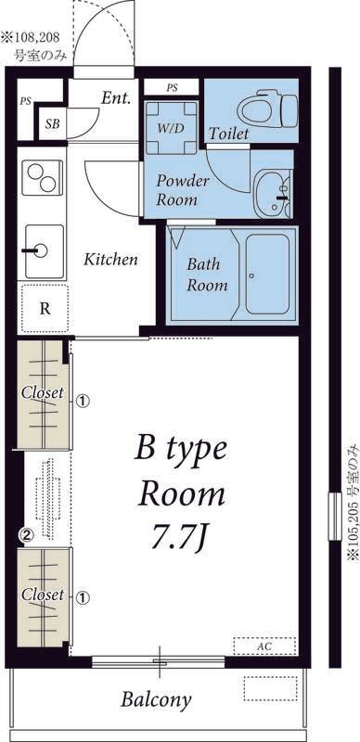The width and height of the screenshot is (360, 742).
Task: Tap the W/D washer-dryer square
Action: coord(171,128)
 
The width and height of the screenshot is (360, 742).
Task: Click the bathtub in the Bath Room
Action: coord(267,274)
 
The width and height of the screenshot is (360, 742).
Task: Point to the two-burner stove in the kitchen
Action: coord(42,177)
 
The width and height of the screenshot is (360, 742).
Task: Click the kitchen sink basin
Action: coord(44,251)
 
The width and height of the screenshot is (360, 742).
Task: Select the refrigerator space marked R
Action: coord(45,309)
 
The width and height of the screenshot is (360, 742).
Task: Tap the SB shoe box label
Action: coord(53,124)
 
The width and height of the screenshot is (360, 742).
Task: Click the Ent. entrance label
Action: coord(116,98)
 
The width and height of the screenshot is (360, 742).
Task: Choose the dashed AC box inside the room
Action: coord(264,646)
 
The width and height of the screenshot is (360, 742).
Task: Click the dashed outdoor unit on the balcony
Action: coord(270,688)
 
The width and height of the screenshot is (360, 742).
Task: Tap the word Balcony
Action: coord(156,699)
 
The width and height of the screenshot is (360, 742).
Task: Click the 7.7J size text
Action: coord(178,539)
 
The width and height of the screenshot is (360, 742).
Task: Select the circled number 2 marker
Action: coord(27,535)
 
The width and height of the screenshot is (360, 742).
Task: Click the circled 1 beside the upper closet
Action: coord(83,402)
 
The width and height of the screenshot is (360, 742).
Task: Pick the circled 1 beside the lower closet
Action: coord(83,598)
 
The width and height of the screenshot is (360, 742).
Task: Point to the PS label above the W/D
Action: coord(172,87)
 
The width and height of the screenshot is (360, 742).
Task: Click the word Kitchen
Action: coord(110,260)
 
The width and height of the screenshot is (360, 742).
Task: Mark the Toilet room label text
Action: coord(229,134)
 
